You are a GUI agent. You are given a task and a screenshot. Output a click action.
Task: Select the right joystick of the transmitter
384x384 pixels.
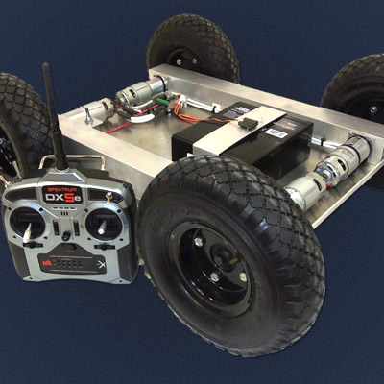pyautogui.click(x=104, y=226)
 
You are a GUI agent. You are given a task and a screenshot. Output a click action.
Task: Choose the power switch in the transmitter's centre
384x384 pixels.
pyautogui.click(x=67, y=234)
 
